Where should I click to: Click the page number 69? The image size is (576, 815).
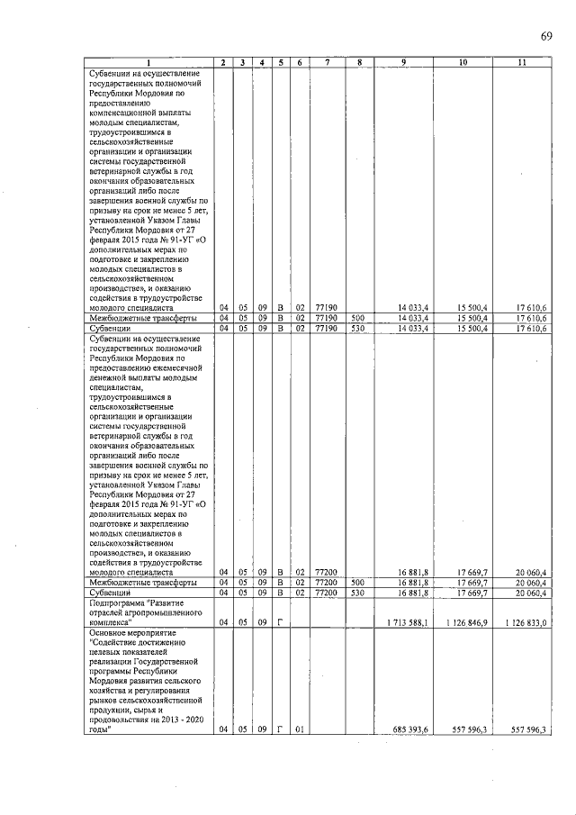[546, 36]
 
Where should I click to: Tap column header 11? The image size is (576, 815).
[522, 61]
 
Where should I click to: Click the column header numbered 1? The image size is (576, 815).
[149, 61]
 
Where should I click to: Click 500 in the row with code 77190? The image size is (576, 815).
[357, 317]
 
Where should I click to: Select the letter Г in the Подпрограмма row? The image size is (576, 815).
[281, 622]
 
